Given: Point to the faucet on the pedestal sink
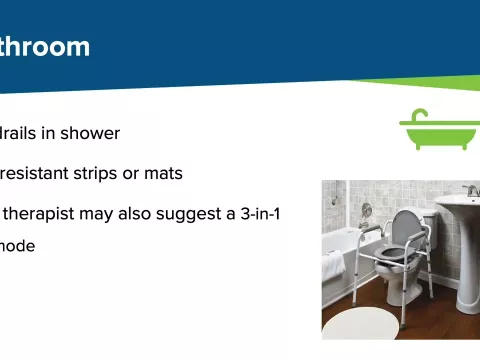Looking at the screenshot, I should click(469, 190).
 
